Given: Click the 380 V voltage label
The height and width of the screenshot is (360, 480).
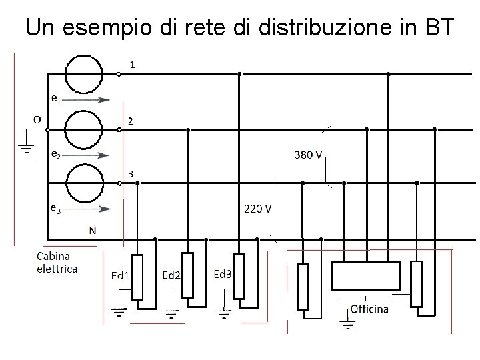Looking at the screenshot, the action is point(309,155).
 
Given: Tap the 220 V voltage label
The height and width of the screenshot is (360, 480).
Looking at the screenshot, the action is point(257,208).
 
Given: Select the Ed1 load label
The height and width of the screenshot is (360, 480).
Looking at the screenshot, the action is point(120,275).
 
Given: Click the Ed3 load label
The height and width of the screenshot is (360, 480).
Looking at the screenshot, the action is point(223,273).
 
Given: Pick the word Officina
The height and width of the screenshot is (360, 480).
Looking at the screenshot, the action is point(369,309).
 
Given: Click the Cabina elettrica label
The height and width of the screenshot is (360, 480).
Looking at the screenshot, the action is point(57,262).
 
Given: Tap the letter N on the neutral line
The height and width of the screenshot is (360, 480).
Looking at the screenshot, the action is point(93,230).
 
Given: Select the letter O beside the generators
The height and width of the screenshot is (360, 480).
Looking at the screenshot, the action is point(37,119).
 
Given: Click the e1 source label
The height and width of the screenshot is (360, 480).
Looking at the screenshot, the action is point(57,98).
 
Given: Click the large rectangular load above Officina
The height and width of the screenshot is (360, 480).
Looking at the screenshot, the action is point(366,274).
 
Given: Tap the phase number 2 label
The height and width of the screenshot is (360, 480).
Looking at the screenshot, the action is point(131,121).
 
